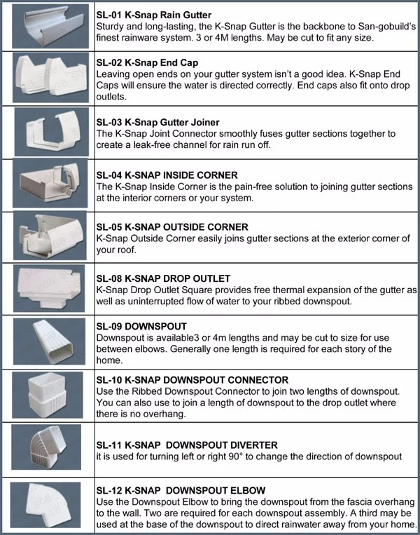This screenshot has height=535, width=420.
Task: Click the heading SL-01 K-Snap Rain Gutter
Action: (x=154, y=15)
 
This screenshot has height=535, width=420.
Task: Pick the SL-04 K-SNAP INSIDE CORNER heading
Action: (x=167, y=175)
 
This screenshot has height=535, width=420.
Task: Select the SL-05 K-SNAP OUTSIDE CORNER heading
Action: (x=172, y=227)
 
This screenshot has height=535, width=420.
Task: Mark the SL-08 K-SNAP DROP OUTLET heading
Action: (x=163, y=278)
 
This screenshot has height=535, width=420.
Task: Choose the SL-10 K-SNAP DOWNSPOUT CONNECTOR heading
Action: (x=192, y=379)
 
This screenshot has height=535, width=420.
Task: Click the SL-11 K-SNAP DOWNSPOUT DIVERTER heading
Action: (x=187, y=445)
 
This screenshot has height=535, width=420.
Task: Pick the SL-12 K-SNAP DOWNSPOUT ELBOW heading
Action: (x=181, y=489)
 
